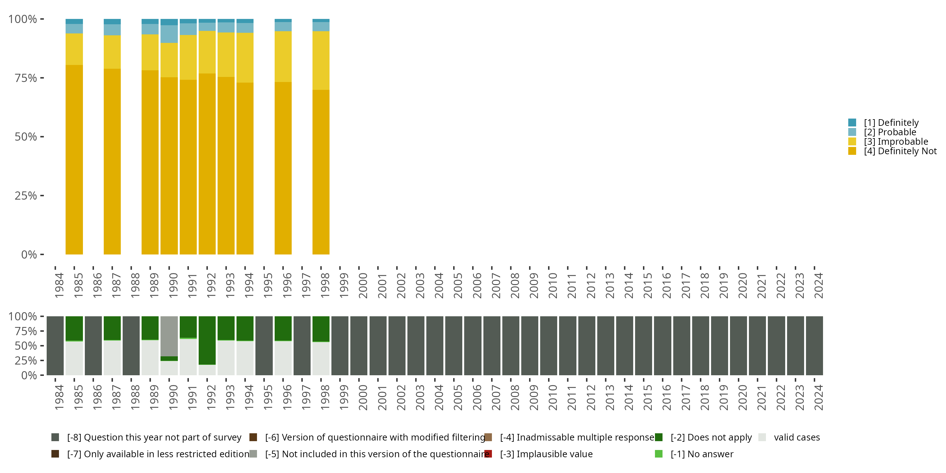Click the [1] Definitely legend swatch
coord(852,123)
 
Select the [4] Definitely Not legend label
coord(900,151)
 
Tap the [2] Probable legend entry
coord(890,132)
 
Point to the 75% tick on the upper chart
coord(42,78)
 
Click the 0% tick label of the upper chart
coord(29,254)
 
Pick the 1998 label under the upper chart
coord(325,285)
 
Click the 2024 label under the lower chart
coord(818,397)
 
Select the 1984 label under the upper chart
coord(59,285)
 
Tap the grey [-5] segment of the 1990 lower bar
coord(169,336)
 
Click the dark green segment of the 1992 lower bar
coord(207,340)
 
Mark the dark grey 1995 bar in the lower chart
coord(264,346)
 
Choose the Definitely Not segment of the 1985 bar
coord(74,160)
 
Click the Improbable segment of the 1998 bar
coord(321,61)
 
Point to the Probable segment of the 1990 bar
coord(169,34)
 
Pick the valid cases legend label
coord(797,437)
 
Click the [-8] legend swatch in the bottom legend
coord(55,437)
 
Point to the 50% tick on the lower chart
coord(42,346)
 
